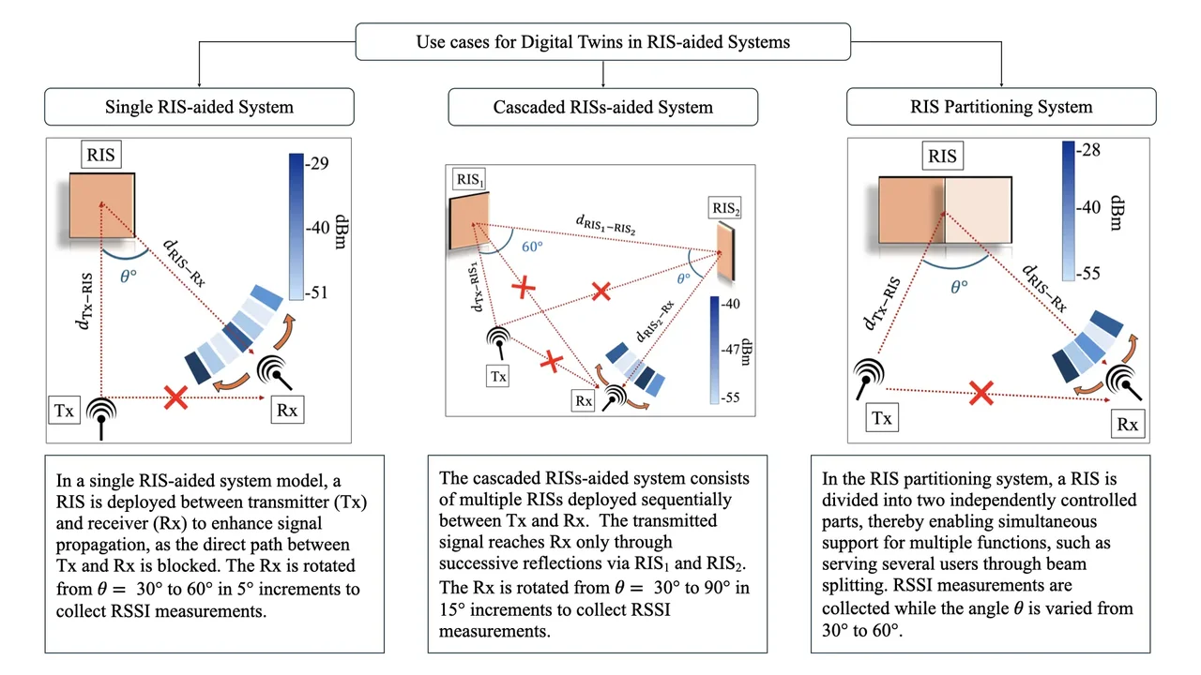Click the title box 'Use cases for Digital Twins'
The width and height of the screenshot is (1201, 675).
[x=603, y=42]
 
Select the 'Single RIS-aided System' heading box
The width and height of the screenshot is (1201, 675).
[x=199, y=107]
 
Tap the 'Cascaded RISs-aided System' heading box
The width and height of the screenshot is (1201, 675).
[x=603, y=107]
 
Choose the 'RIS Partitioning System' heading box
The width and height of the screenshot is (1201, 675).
[x=1001, y=106]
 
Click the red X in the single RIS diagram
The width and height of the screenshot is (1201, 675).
[x=175, y=398]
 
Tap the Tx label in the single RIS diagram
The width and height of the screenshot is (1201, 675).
[x=66, y=410]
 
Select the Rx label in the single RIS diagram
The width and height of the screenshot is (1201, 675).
[x=285, y=410]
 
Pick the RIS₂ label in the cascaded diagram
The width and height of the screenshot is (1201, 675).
[x=725, y=208]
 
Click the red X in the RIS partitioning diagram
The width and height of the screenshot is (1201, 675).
[x=981, y=394]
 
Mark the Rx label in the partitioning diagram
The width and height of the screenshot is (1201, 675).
[x=1127, y=425]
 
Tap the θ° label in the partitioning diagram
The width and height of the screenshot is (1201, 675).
[x=959, y=287]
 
